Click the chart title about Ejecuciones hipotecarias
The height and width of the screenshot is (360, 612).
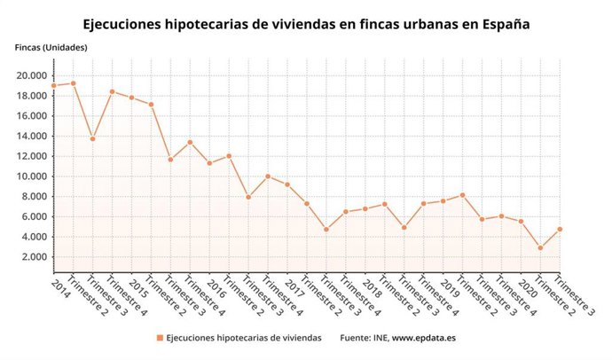[306, 24]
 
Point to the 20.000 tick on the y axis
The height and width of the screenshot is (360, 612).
[32, 75]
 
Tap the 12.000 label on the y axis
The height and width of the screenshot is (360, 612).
[32, 156]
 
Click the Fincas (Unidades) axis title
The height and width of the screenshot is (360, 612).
[51, 47]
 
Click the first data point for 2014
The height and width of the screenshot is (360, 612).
[53, 86]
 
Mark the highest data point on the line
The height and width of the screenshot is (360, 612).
[73, 83]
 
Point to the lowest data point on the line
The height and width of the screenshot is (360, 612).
[540, 247]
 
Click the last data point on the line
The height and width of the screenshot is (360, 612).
[560, 229]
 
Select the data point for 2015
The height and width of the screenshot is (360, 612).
[131, 98]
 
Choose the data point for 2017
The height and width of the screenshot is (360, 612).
[287, 184]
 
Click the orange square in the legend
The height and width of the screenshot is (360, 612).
[160, 338]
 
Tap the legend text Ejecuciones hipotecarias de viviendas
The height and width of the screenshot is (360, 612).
[244, 338]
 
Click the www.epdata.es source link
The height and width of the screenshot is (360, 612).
[424, 338]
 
